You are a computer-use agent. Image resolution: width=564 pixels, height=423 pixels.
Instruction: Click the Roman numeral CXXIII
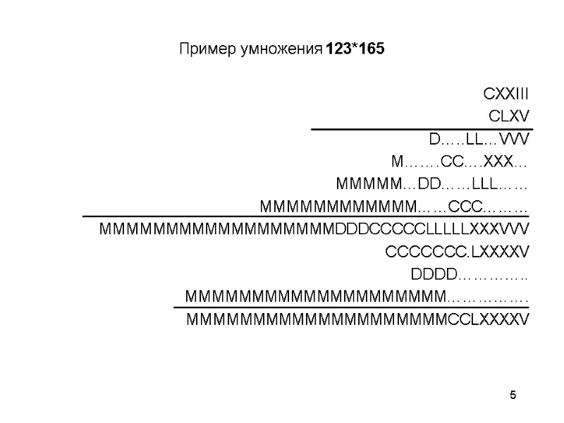[506, 94]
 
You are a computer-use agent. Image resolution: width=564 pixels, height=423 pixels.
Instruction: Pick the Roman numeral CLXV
[509, 116]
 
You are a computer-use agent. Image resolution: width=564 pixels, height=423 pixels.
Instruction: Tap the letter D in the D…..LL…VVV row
[434, 139]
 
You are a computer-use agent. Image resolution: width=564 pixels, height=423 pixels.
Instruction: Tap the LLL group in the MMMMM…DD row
[485, 184]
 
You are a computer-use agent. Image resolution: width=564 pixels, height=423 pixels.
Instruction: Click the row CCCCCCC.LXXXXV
[458, 252]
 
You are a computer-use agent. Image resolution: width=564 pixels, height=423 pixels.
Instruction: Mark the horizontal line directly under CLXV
[422, 129]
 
